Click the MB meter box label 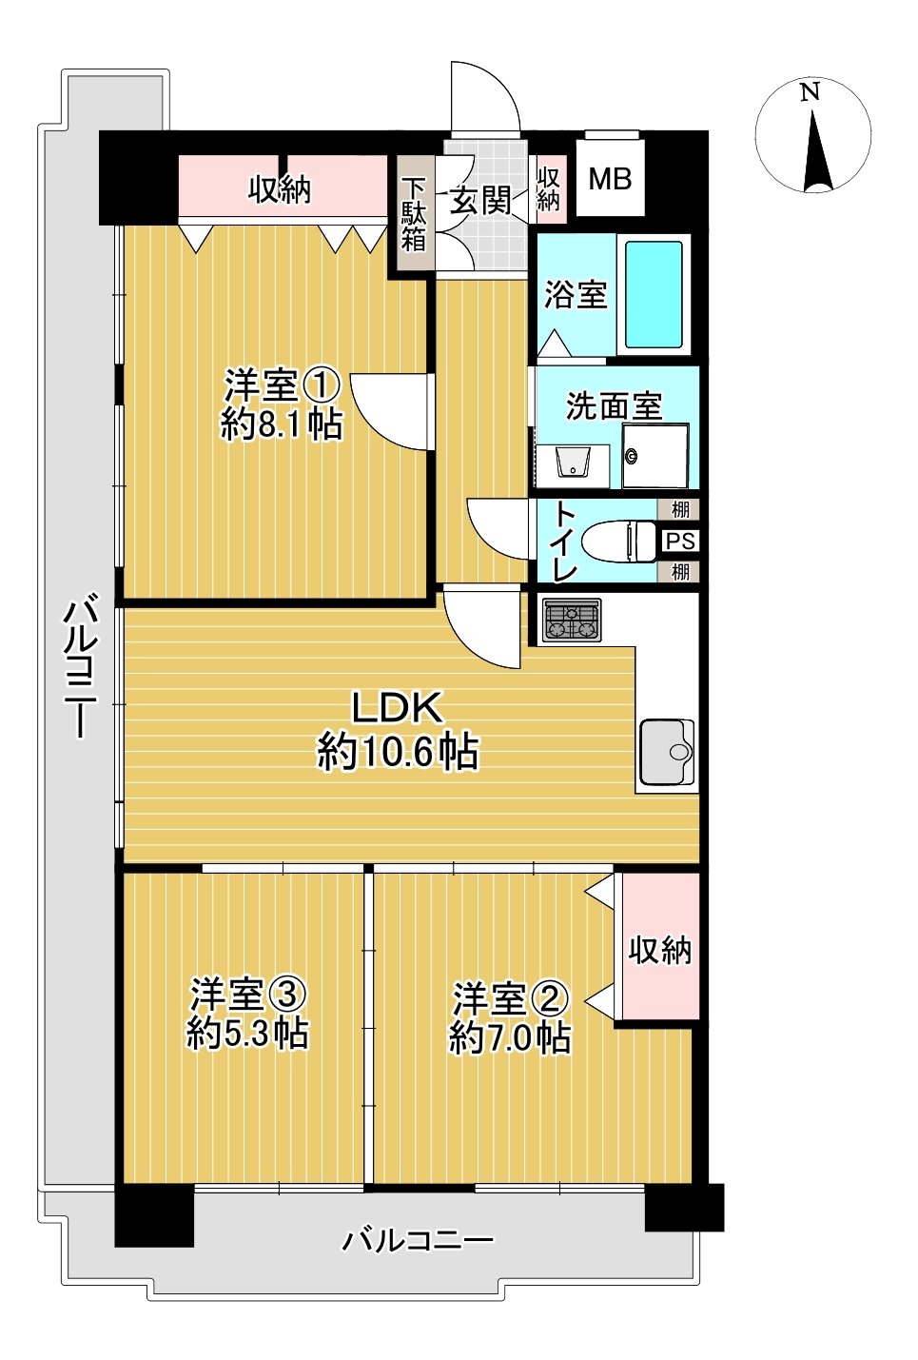pyautogui.click(x=610, y=178)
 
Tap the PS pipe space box pyautogui.click(x=680, y=541)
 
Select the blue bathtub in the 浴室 pyautogui.click(x=654, y=294)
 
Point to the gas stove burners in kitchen pyautogui.click(x=571, y=621)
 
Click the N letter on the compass pyautogui.click(x=810, y=92)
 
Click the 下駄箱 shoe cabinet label pyautogui.click(x=414, y=214)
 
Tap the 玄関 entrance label pyautogui.click(x=481, y=201)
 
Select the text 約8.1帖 pyautogui.click(x=282, y=424)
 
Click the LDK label pyautogui.click(x=397, y=708)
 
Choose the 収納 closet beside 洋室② pyautogui.click(x=659, y=949)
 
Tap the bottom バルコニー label pyautogui.click(x=419, y=1240)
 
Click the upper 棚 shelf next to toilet pyautogui.click(x=680, y=509)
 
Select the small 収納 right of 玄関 pyautogui.click(x=549, y=189)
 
